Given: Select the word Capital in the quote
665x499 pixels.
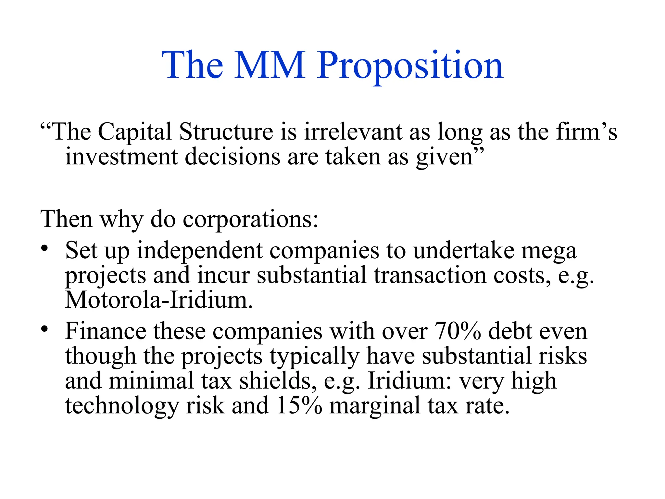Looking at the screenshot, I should tap(134, 132).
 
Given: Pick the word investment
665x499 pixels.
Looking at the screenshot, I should tap(121, 157).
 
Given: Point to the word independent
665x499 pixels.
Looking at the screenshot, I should tap(200, 251).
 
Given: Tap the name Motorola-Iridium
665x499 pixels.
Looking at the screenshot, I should tap(158, 300).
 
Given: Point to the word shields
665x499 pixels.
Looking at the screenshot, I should tap(278, 381).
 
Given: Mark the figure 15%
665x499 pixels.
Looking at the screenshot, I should tap(299, 406).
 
